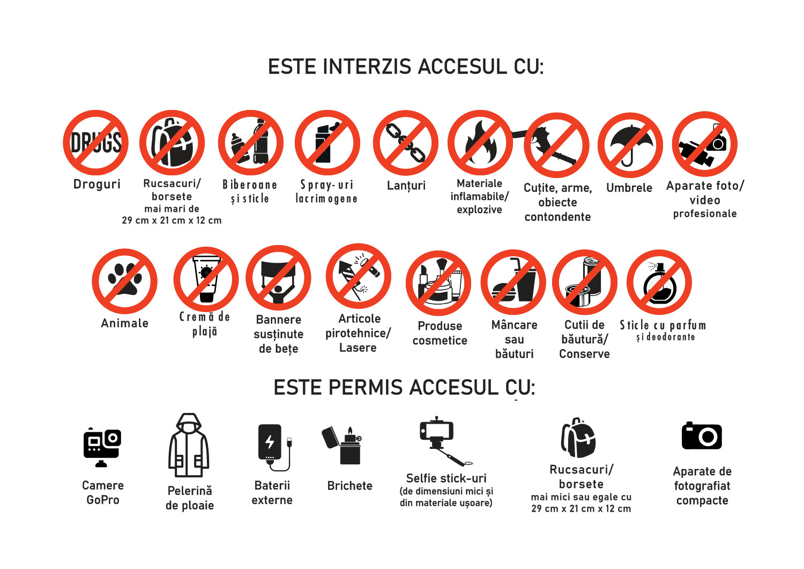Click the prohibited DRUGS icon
pyautogui.click(x=95, y=143)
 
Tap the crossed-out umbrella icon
pyautogui.click(x=630, y=145)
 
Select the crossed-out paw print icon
pyautogui.click(x=124, y=281)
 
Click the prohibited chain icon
pyautogui.click(x=406, y=143)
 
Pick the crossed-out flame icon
pyautogui.click(x=480, y=143)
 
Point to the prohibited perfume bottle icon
pyautogui.click(x=659, y=282)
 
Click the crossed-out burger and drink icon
pyautogui.click(x=513, y=282)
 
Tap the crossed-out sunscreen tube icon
pyautogui.click(x=206, y=279)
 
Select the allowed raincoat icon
pyautogui.click(x=189, y=446)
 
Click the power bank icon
pyautogui.click(x=274, y=448)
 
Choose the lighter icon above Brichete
pyautogui.click(x=341, y=445)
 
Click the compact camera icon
pyautogui.click(x=702, y=435)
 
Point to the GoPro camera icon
pyautogui.click(x=102, y=447)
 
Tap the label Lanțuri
pyautogui.click(x=406, y=186)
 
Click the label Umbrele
pyautogui.click(x=629, y=188)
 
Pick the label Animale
pyautogui.click(x=124, y=323)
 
